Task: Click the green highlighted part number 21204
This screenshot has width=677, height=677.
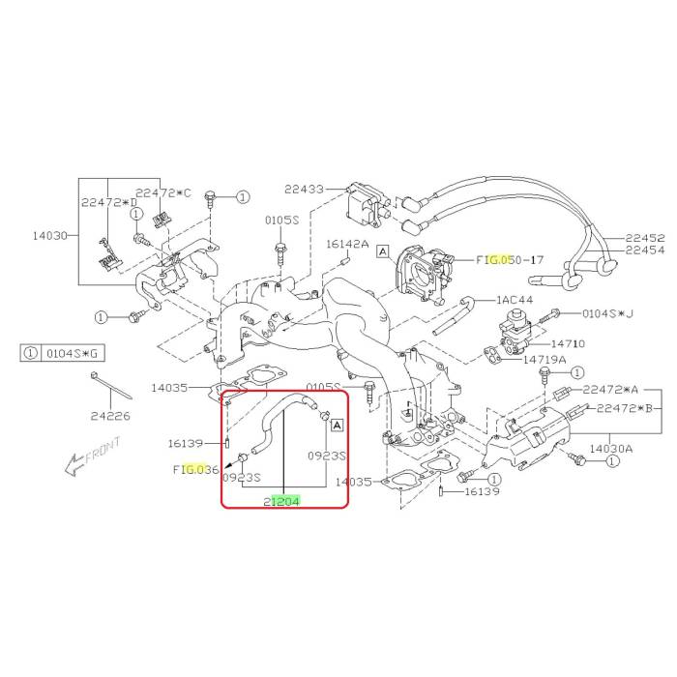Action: click(x=281, y=501)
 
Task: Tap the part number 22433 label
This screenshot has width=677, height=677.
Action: click(x=304, y=190)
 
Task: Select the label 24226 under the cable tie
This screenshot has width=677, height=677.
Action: click(x=110, y=416)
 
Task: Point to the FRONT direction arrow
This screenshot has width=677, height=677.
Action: click(x=92, y=456)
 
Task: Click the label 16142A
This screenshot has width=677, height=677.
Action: click(x=347, y=245)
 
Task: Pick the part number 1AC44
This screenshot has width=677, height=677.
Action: click(x=515, y=300)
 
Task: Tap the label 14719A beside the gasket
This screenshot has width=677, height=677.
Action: click(x=545, y=359)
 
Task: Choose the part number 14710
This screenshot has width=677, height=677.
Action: click(x=569, y=344)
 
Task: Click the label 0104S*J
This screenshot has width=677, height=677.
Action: click(x=608, y=313)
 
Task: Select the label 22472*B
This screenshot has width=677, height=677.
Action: click(x=625, y=408)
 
